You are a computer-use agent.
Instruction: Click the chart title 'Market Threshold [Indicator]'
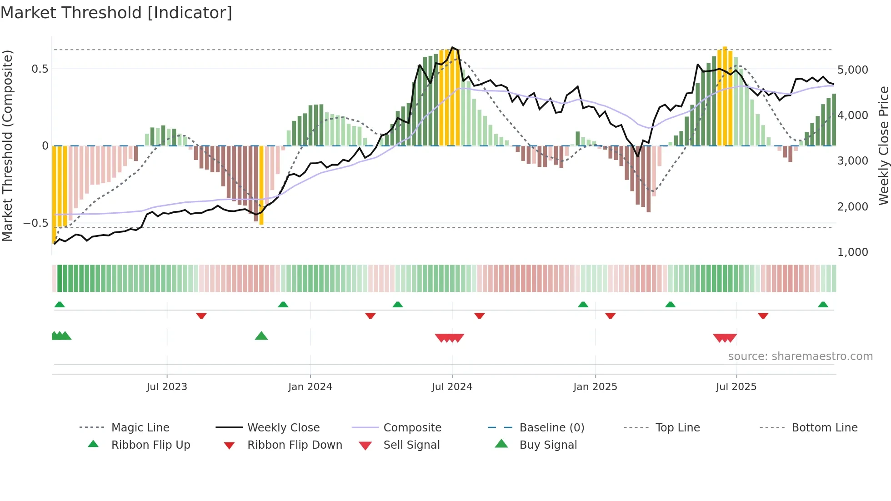click(116, 13)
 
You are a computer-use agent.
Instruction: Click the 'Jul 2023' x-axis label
click(167, 387)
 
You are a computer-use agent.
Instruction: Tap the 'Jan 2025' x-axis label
click(595, 387)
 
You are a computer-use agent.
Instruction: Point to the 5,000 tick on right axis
click(852, 70)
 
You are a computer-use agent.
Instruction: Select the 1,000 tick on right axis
click(852, 252)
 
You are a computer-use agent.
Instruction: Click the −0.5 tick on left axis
click(36, 223)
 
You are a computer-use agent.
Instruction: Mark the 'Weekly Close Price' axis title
click(883, 145)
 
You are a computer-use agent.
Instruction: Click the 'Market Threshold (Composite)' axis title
click(7, 145)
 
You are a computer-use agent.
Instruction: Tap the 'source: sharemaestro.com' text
click(800, 356)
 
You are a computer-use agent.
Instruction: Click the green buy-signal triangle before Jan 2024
click(261, 336)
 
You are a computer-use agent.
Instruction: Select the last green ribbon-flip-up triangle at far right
click(823, 305)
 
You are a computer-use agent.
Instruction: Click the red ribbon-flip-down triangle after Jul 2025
click(763, 316)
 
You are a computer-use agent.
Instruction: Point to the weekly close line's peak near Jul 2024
click(452, 47)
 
